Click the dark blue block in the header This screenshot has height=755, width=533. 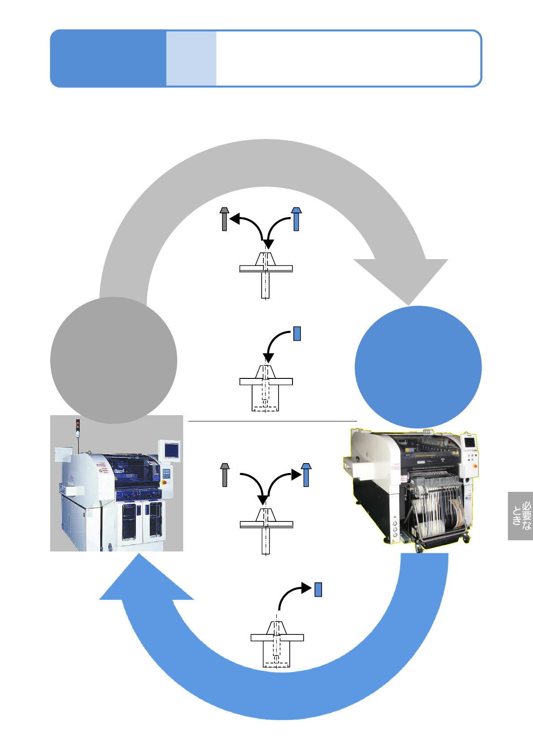point(108,58)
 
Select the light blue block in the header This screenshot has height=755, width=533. point(191,58)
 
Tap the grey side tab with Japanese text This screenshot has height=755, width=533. point(520,516)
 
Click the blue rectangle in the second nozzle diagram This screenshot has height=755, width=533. point(297,334)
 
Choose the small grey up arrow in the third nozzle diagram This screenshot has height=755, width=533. point(225,475)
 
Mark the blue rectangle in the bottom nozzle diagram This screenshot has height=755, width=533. point(318,589)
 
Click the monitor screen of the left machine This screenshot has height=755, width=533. point(172,450)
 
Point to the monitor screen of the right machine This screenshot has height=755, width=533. point(469,442)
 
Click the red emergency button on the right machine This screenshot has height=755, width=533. point(475,466)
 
